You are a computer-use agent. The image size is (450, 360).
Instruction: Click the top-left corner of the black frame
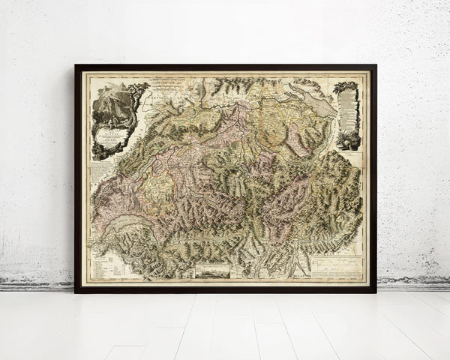click(76, 66)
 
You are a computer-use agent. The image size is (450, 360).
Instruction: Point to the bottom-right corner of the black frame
click(375, 291)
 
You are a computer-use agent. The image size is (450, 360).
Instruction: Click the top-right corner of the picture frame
click(375, 66)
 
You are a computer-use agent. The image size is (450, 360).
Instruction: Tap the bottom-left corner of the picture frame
click(76, 291)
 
